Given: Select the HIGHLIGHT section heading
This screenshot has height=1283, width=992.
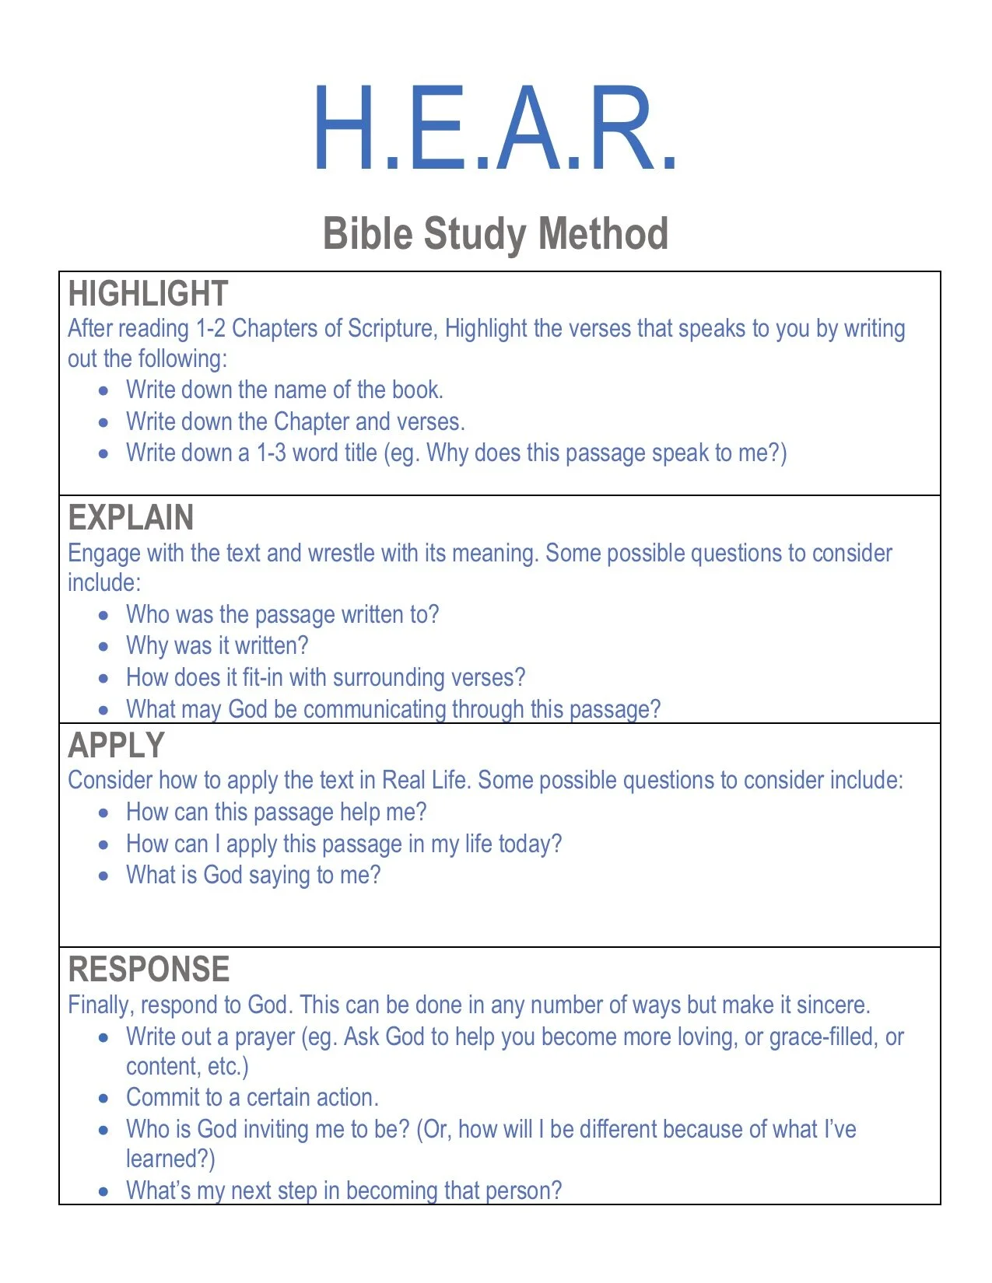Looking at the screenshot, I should coord(148,294).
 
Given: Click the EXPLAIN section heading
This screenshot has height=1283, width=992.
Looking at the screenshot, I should coord(131,518).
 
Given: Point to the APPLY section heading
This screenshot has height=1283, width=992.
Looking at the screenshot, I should coord(116,746).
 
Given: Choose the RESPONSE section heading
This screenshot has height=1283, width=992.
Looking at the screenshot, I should coord(149,970).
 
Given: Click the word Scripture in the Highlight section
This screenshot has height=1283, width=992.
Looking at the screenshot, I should coord(392,329).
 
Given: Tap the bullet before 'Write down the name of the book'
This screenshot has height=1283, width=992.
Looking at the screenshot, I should coord(104,391).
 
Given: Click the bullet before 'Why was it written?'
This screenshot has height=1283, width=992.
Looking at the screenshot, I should coord(104,647).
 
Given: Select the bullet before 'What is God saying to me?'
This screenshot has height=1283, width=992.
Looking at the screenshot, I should coord(104,876).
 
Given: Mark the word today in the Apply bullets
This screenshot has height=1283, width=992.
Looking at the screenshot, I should coord(524,844).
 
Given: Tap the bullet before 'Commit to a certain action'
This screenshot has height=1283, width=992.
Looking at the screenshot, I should coord(104,1099).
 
